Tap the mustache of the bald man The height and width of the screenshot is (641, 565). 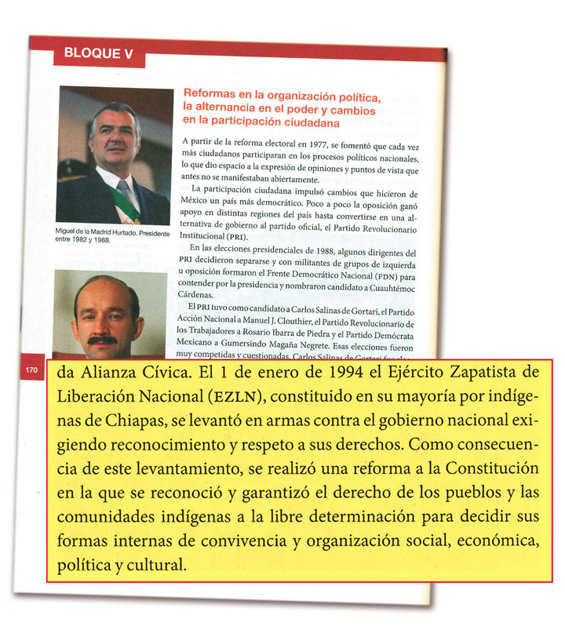coord(102,339)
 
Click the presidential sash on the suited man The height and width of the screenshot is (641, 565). coord(126,201)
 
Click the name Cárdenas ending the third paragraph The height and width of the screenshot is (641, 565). coord(201,296)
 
